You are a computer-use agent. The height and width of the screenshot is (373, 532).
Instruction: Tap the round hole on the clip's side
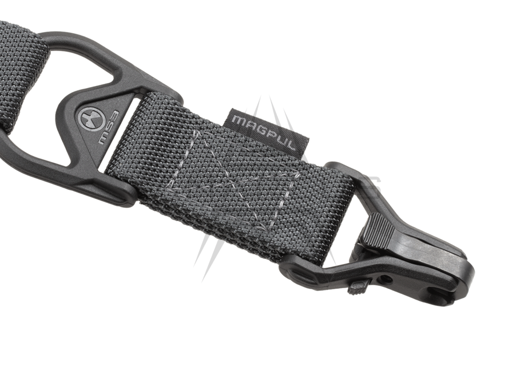tap(389, 279)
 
